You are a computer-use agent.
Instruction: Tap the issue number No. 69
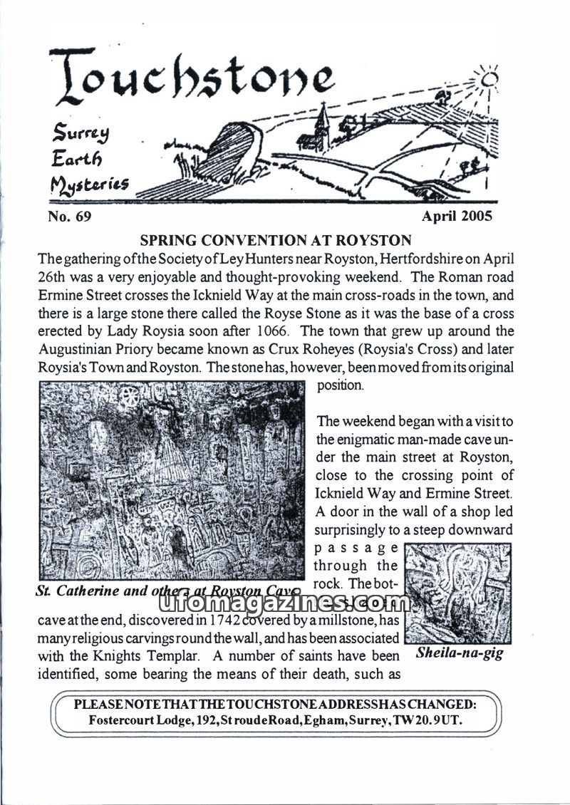[x=69, y=217]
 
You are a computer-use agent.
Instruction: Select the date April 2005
[x=457, y=216]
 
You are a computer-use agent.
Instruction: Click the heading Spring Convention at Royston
[x=276, y=240]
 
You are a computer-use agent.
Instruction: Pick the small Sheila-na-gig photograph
[x=457, y=593]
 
